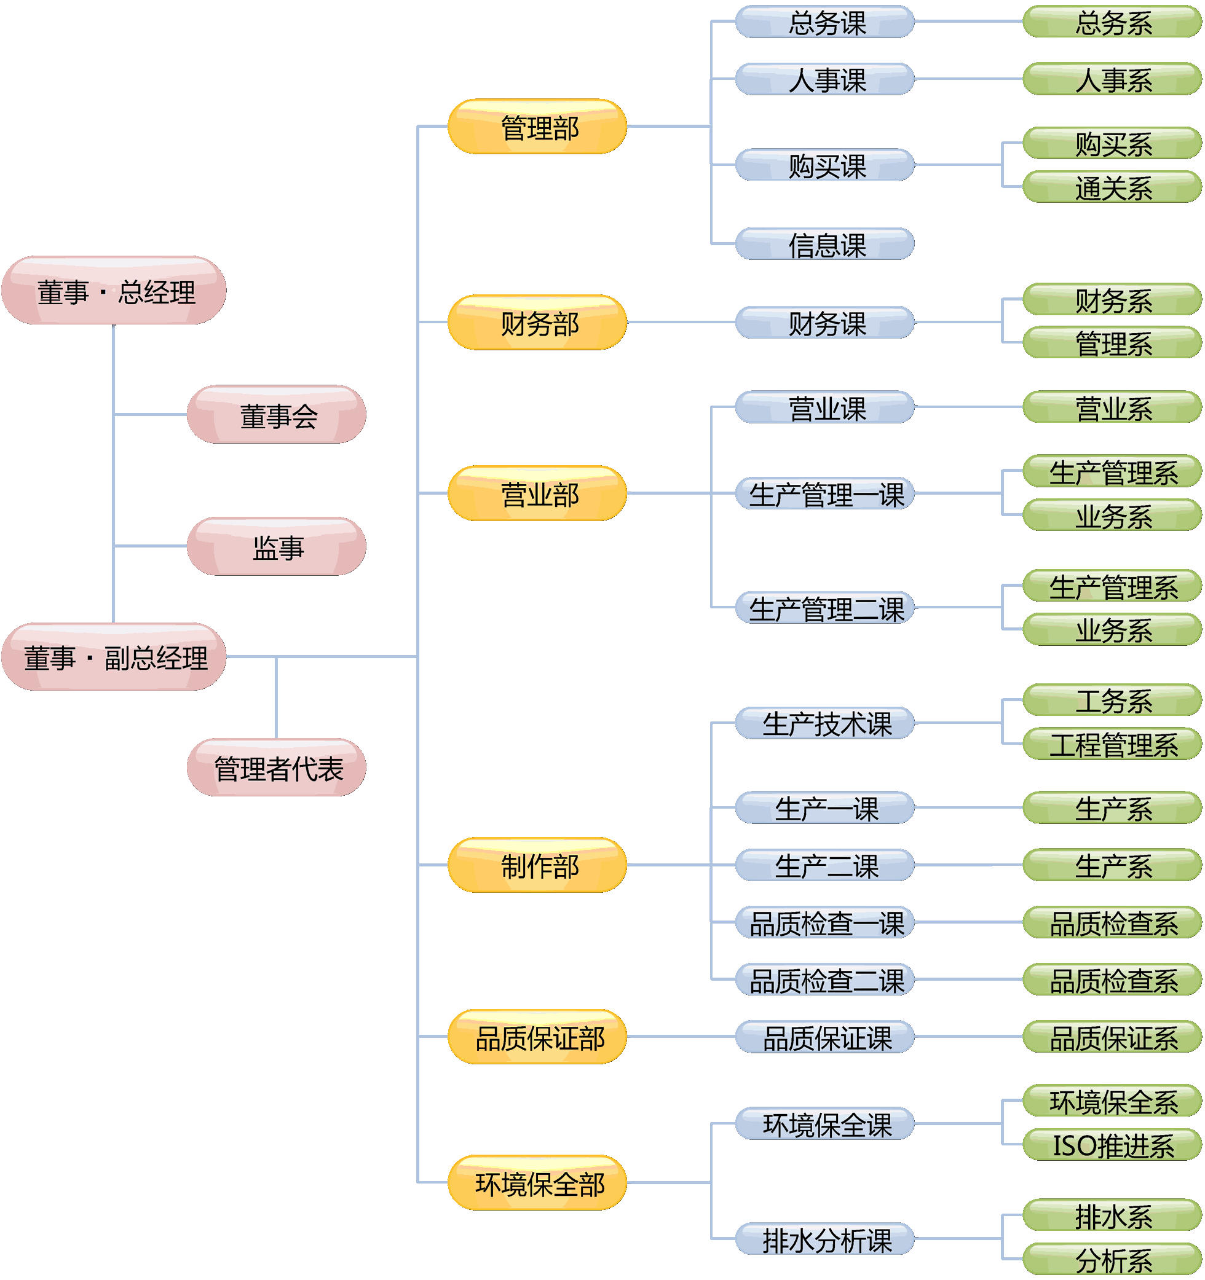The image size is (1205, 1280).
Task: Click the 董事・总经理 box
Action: [114, 291]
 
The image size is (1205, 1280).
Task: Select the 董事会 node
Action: [277, 415]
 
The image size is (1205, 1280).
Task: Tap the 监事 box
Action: [277, 547]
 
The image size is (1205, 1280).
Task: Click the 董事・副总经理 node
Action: [114, 658]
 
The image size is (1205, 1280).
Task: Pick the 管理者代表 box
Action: [277, 768]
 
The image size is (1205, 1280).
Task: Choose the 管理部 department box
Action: [538, 127]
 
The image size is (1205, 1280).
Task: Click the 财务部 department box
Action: [538, 323]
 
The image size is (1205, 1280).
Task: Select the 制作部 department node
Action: [538, 866]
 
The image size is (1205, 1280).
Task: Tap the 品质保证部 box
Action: [538, 1037]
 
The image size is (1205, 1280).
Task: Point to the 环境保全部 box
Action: [538, 1184]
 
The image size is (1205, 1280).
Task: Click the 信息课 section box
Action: [825, 245]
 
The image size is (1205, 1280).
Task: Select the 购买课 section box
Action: [825, 165]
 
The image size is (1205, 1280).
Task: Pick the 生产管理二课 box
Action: [825, 608]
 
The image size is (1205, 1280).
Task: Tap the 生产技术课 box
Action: [825, 724]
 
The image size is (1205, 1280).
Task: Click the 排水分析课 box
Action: [825, 1240]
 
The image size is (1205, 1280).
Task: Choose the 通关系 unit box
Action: [1112, 187]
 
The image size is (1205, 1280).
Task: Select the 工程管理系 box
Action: [1112, 745]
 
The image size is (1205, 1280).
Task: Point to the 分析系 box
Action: [1112, 1261]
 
